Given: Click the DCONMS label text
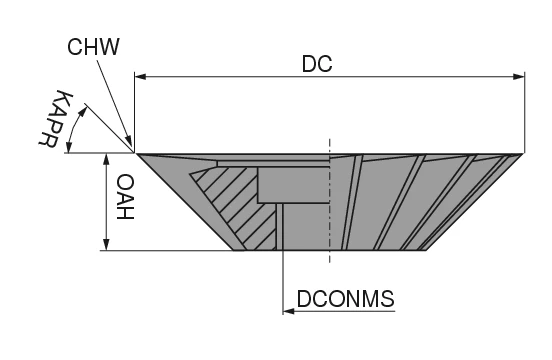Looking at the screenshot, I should (345, 298).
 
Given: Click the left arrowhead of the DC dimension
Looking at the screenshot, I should (141, 76).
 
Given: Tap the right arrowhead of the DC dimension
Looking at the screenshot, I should (518, 76).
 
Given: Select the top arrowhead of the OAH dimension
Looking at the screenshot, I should (105, 160).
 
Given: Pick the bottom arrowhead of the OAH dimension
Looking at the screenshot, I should (105, 243).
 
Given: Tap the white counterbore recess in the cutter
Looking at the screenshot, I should (292, 184).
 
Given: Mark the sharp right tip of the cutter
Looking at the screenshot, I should (523, 154).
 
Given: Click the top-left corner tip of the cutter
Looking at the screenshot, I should (136, 154).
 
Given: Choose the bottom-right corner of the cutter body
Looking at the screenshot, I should (427, 250).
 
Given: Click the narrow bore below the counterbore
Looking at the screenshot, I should (284, 225).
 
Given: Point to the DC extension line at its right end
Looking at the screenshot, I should (525, 110).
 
